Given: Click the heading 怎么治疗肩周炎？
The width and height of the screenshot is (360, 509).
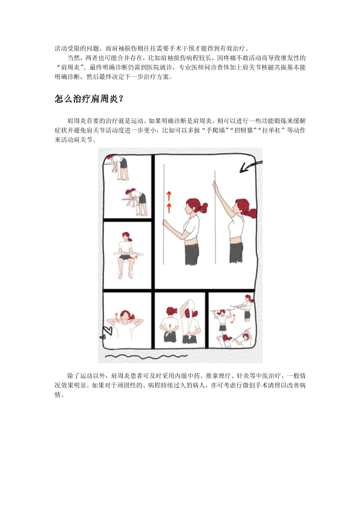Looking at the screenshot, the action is (90, 99).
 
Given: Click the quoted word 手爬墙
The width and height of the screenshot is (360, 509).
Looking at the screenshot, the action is (215, 131).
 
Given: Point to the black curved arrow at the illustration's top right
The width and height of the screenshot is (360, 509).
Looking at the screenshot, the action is (250, 166).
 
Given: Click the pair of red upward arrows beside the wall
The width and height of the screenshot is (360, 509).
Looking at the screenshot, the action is (169, 202).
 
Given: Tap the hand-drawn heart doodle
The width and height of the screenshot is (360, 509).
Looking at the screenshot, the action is (106, 332).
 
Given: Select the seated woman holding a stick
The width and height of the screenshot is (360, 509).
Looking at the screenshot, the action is (127, 255).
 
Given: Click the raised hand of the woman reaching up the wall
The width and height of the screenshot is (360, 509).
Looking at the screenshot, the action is (215, 185).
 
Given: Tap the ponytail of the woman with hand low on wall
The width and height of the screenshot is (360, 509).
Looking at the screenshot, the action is (203, 207).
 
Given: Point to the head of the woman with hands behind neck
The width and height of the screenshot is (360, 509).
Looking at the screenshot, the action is (125, 315).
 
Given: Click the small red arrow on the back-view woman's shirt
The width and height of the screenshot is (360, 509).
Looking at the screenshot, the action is (170, 326).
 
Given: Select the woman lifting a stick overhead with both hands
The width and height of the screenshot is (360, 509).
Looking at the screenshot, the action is (223, 320).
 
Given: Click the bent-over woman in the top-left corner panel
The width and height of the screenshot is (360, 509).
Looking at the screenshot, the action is (119, 166).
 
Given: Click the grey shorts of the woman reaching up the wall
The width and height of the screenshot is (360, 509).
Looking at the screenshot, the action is (236, 252).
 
